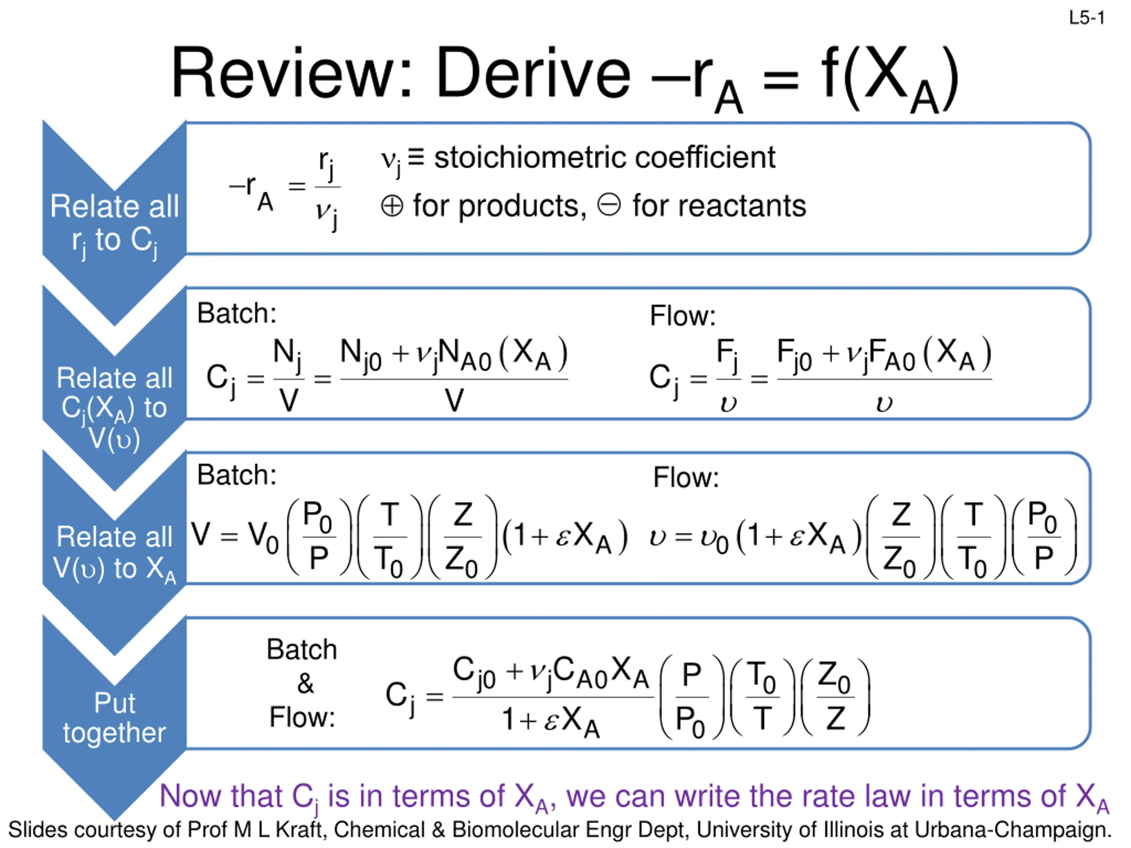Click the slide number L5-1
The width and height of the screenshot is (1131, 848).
pyautogui.click(x=1086, y=19)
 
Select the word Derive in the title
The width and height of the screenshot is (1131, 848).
pyautogui.click(x=533, y=73)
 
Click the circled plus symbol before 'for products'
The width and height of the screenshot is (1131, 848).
pyautogui.click(x=392, y=207)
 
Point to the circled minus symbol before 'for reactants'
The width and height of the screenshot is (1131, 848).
pyautogui.click(x=609, y=205)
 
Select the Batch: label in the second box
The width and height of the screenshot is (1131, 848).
pyautogui.click(x=237, y=313)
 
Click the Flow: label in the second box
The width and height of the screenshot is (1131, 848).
pyautogui.click(x=683, y=316)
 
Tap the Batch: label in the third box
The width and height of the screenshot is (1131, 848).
pyautogui.click(x=237, y=475)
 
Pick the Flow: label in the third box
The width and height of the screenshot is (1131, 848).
pyautogui.click(x=686, y=478)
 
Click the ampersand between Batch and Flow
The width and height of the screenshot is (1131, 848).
pyautogui.click(x=305, y=683)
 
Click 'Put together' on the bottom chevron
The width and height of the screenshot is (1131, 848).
pyautogui.click(x=114, y=718)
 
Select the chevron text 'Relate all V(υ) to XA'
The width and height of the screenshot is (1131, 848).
pyautogui.click(x=114, y=553)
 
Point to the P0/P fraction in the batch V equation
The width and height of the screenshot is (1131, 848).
pyautogui.click(x=319, y=536)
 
